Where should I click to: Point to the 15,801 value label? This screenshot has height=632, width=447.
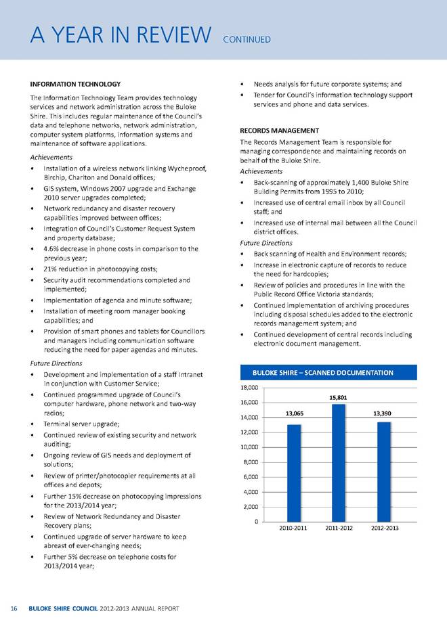(x=338, y=397)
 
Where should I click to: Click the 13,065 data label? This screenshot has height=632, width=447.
(x=294, y=412)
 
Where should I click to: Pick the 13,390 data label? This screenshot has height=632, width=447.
(x=383, y=412)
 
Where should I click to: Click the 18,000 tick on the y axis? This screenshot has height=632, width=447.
(x=250, y=388)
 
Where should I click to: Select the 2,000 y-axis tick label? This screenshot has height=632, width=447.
(x=252, y=507)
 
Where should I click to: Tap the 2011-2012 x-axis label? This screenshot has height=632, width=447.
(x=338, y=528)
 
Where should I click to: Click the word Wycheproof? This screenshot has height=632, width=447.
(x=183, y=168)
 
